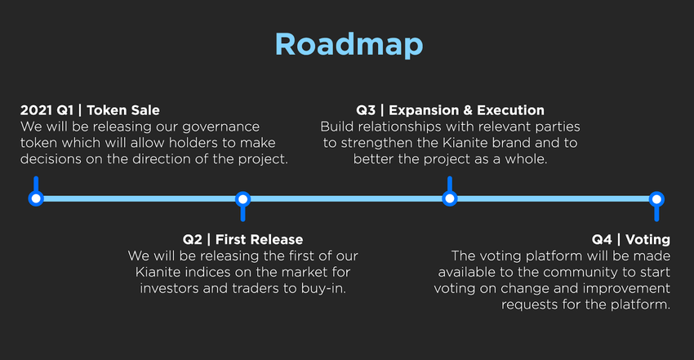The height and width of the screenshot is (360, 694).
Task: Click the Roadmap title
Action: click(x=349, y=45)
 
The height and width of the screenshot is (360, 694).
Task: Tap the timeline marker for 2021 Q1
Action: click(x=36, y=198)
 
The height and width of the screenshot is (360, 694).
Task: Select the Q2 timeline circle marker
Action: click(x=242, y=199)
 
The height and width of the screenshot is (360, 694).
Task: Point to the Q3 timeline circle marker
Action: click(x=450, y=198)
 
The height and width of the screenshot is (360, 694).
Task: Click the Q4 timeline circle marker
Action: click(x=656, y=199)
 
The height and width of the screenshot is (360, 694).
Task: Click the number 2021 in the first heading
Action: click(x=36, y=110)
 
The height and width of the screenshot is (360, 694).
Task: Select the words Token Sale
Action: click(x=123, y=110)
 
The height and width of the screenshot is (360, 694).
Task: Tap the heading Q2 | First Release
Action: click(x=243, y=239)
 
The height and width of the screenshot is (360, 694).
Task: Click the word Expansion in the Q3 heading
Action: click(x=424, y=110)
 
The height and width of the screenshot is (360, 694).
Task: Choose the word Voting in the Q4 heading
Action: click(x=648, y=240)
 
